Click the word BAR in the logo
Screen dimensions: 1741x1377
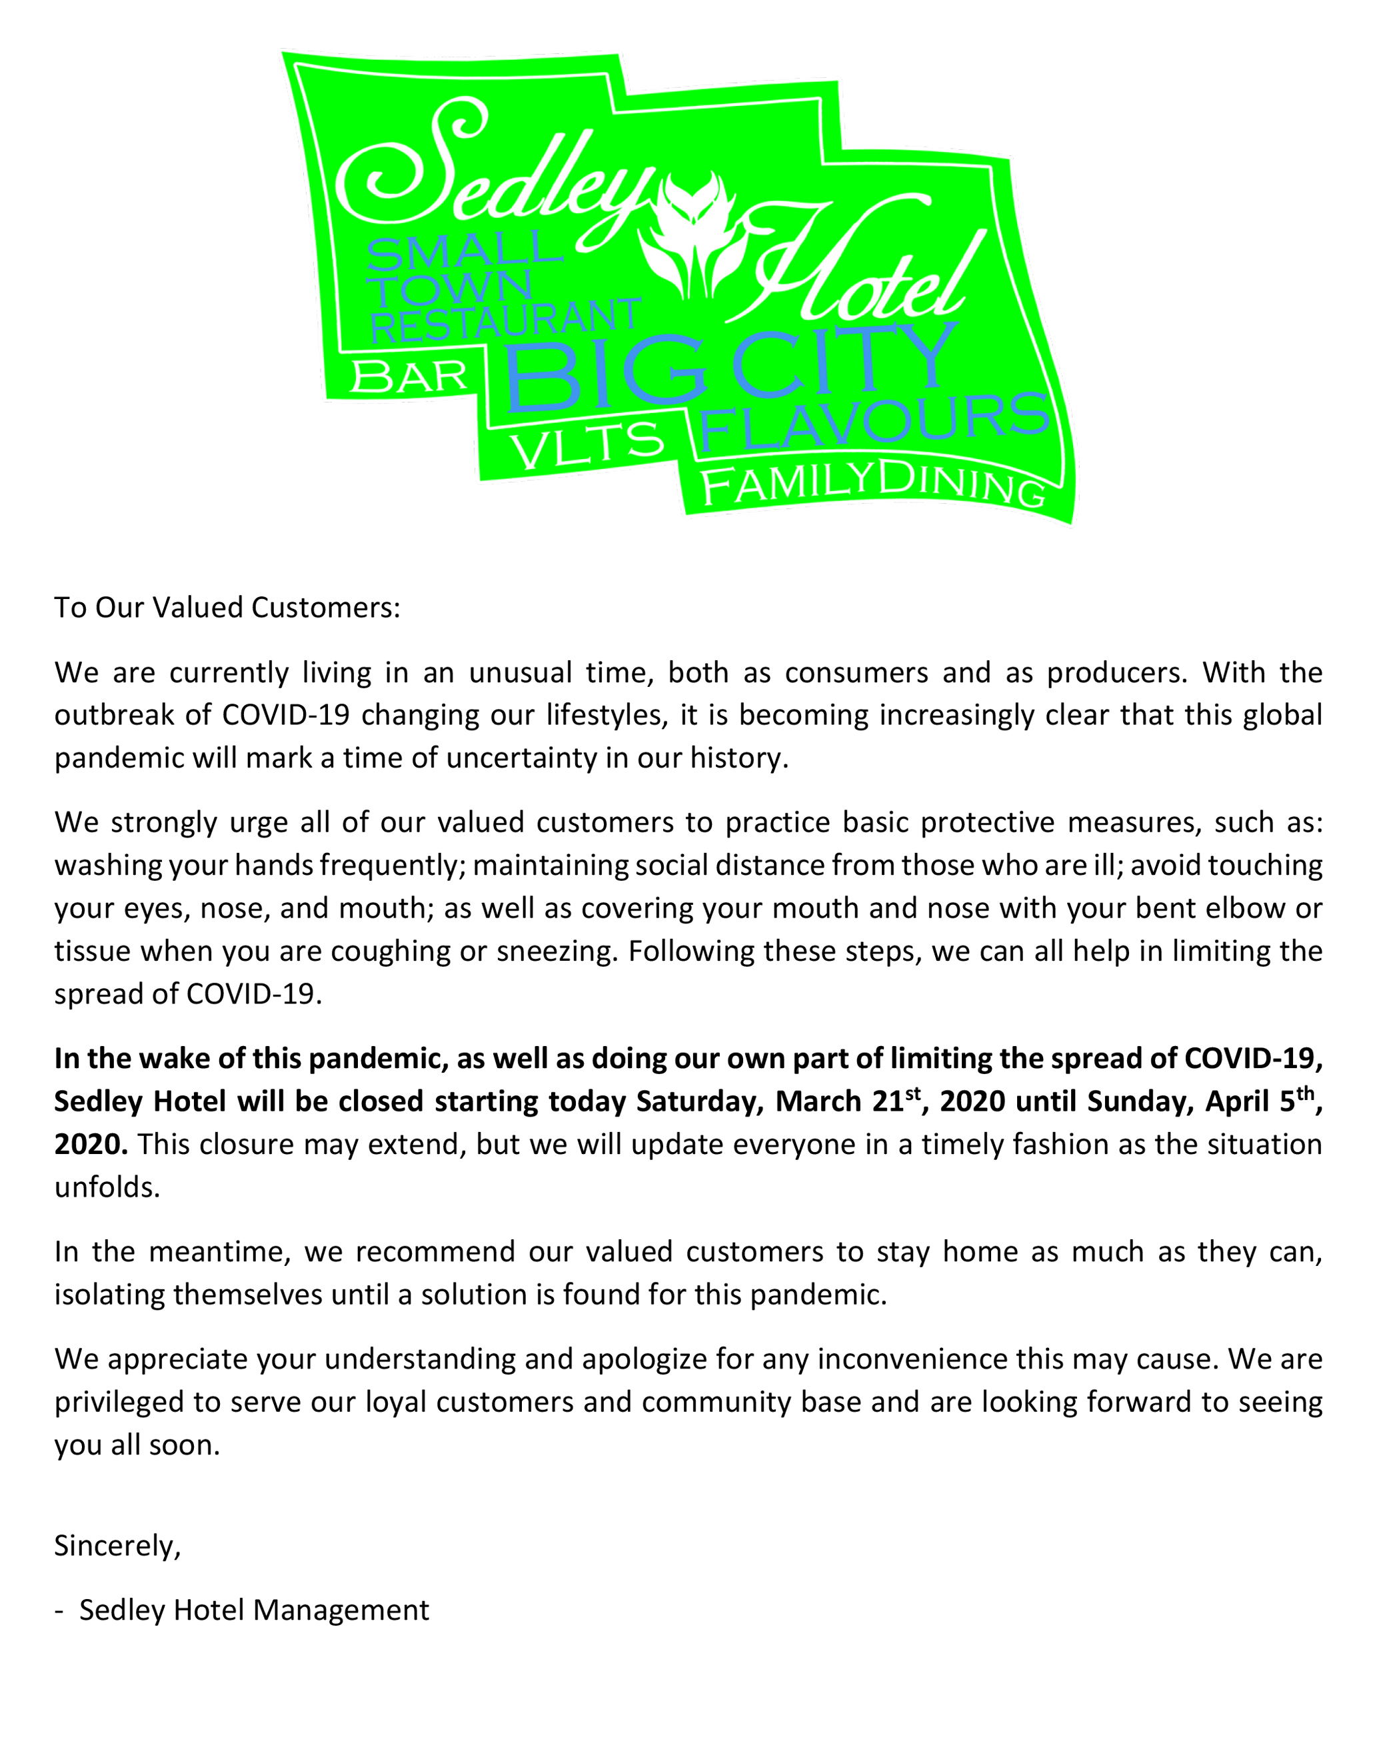coord(409,376)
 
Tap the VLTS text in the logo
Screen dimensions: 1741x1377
coord(589,446)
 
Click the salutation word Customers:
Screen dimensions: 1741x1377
coord(326,607)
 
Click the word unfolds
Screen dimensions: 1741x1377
coord(107,1187)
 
